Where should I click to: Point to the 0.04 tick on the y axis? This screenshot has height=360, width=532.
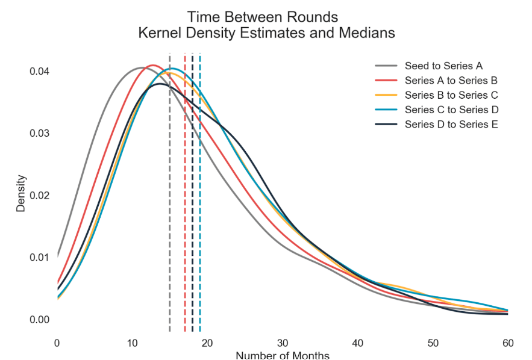(39, 72)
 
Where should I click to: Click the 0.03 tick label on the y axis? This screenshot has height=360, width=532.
(39, 134)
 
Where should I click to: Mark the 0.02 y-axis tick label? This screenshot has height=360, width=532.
(39, 196)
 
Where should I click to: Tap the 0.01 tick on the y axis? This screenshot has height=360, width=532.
(39, 258)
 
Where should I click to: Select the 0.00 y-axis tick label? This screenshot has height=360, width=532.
(39, 320)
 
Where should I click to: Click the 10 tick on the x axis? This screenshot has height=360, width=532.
(132, 343)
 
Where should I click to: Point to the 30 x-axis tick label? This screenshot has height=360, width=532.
(283, 343)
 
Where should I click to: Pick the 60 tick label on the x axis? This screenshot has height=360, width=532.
(508, 343)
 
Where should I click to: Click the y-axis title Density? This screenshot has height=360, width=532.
(21, 193)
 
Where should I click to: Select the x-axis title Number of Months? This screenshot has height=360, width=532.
(283, 355)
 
